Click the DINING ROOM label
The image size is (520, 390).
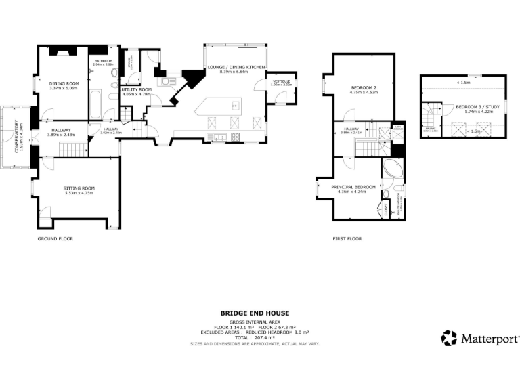pyautogui.click(x=64, y=83)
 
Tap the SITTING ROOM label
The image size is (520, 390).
pyautogui.click(x=79, y=188)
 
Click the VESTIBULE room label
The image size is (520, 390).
pyautogui.click(x=281, y=81)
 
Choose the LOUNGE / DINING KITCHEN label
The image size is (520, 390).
pyautogui.click(x=236, y=67)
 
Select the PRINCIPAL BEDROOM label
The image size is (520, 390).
pyautogui.click(x=352, y=187)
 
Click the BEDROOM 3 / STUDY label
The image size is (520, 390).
pyautogui.click(x=477, y=107)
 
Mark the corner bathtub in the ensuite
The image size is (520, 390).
pyautogui.click(x=393, y=169)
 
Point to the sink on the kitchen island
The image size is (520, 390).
pyautogui.click(x=235, y=106)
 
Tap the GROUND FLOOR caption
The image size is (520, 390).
pyautogui.click(x=56, y=239)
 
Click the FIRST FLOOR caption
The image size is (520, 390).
pyautogui.click(x=347, y=239)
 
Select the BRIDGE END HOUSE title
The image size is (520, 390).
pyautogui.click(x=255, y=313)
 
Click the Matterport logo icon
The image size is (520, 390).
pyautogui.click(x=448, y=337)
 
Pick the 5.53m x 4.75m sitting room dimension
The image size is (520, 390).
pyautogui.click(x=79, y=193)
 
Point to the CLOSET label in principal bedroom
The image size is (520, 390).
pyautogui.click(x=385, y=211)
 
